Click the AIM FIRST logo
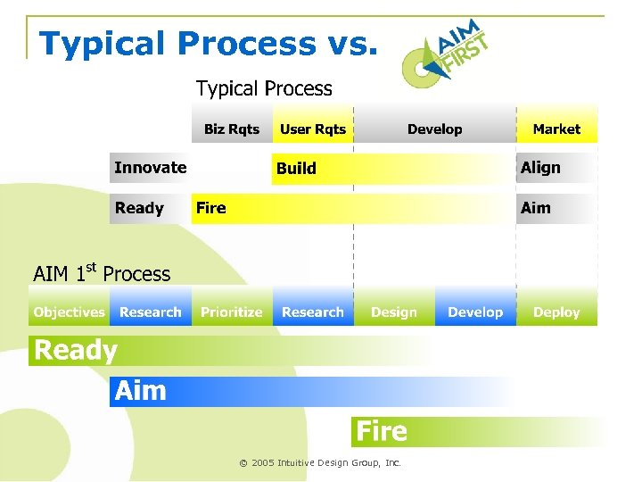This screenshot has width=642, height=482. tap(443, 52)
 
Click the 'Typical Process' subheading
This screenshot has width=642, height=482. tap(264, 88)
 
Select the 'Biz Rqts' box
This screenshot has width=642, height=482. tap(231, 129)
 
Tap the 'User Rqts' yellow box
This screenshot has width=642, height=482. tap(312, 129)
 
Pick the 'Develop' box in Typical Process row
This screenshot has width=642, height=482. tap(434, 129)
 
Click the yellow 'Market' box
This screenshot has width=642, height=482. tap(556, 129)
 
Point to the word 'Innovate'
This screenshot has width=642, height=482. tap(150, 168)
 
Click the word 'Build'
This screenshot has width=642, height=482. tap(296, 169)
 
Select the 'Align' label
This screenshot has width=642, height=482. tap(540, 168)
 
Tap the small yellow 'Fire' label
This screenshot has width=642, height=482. tap(211, 208)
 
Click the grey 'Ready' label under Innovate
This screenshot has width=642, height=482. tap(139, 208)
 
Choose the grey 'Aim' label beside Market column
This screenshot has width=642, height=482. tap(536, 208)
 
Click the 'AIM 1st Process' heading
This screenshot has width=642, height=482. tap(101, 273)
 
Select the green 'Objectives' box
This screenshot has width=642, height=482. tap(69, 312)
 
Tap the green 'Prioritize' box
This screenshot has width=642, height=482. tap(231, 312)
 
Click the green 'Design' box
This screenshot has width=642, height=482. tap(393, 312)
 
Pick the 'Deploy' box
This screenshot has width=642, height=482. tap(556, 312)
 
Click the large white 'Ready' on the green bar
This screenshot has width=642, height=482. tap(75, 351)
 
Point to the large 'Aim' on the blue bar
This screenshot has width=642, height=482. tap(141, 391)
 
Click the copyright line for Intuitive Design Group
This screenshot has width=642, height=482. tap(320, 463)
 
